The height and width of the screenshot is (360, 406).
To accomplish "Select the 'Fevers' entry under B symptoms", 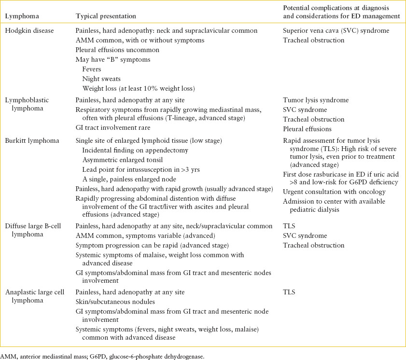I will pos(92,69).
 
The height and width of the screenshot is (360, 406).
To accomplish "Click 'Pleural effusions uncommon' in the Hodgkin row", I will pos(117,50).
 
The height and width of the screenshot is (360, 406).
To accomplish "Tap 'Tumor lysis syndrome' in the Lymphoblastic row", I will pos(316,100).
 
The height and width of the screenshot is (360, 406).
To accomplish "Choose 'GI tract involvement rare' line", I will pos(113,128).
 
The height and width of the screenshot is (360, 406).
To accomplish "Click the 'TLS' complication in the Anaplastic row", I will pos(289,292).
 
